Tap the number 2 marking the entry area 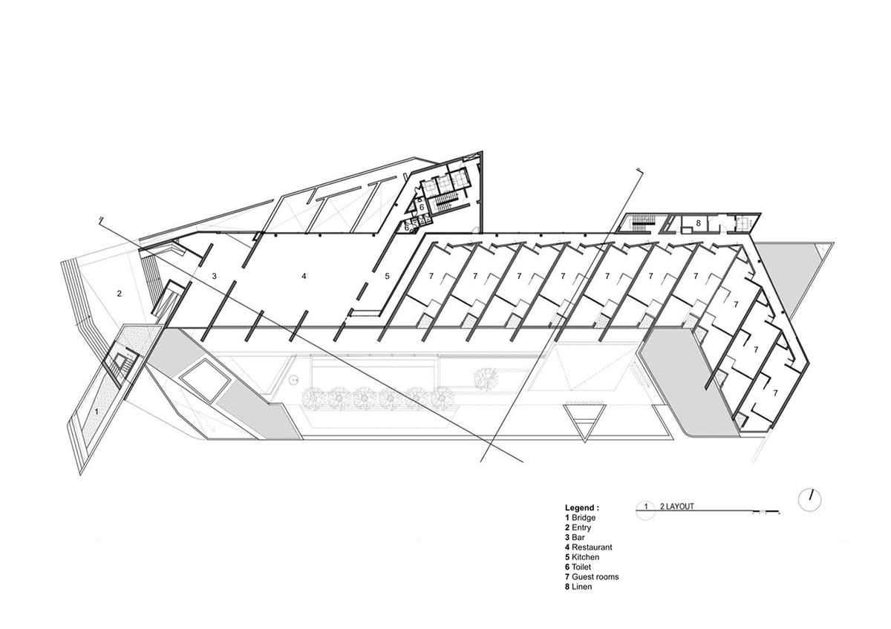coord(119,294)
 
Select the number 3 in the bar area coord(215,276)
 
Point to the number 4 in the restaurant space coord(304,276)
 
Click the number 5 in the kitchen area coord(387,276)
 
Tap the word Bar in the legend coord(578,537)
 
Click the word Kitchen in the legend coord(586,556)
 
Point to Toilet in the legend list coord(583,566)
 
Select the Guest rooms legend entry coord(595,576)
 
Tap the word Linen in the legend coord(582,586)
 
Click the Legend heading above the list coord(582,507)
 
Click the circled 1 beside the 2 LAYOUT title coord(646,507)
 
